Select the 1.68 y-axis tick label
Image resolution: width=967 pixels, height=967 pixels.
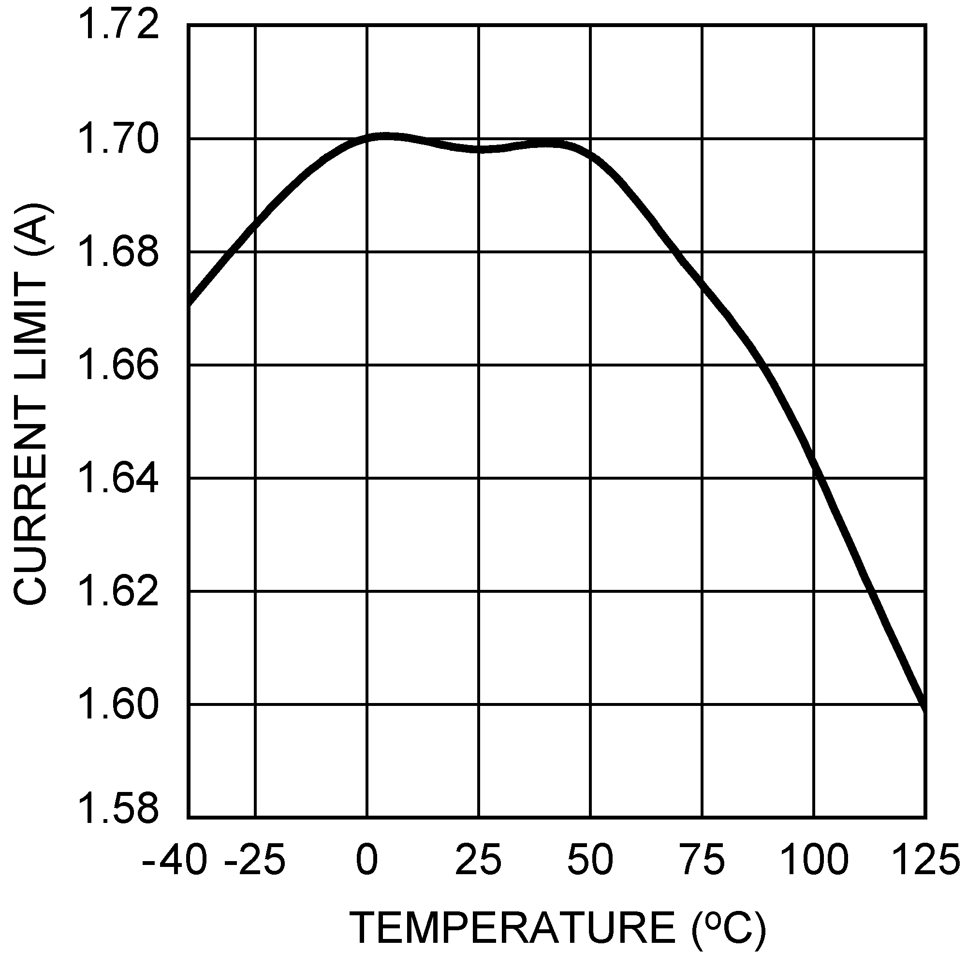118,252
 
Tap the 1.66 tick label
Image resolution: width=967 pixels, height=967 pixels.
118,366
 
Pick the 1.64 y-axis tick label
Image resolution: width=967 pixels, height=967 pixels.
118,479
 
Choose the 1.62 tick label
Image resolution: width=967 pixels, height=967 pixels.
118,592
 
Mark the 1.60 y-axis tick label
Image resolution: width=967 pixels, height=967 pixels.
118,705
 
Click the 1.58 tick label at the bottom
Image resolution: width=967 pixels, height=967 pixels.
118,819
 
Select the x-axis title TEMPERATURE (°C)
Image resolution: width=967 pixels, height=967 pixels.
558,927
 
